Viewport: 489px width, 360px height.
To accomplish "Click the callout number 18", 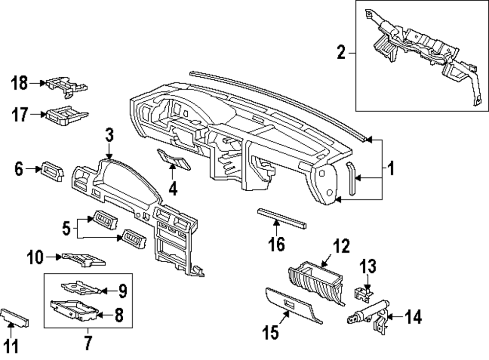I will [20, 84].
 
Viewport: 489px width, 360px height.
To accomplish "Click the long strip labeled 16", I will [281, 218].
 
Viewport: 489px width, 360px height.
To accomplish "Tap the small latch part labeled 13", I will [362, 291].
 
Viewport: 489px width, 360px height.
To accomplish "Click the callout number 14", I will [413, 318].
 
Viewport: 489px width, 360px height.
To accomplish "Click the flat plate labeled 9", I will [81, 287].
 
